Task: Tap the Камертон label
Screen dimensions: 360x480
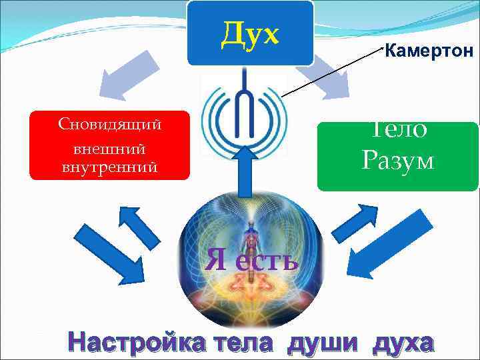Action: pyautogui.click(x=429, y=51)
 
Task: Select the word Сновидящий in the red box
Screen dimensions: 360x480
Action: pyautogui.click(x=111, y=124)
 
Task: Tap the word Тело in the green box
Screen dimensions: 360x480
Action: pyautogui.click(x=398, y=129)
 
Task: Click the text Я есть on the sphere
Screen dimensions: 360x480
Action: pyautogui.click(x=251, y=257)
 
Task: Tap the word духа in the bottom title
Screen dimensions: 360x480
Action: pyautogui.click(x=403, y=343)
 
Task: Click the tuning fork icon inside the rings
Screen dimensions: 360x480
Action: pyautogui.click(x=248, y=107)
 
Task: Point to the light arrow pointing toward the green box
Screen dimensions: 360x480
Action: pyautogui.click(x=333, y=75)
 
